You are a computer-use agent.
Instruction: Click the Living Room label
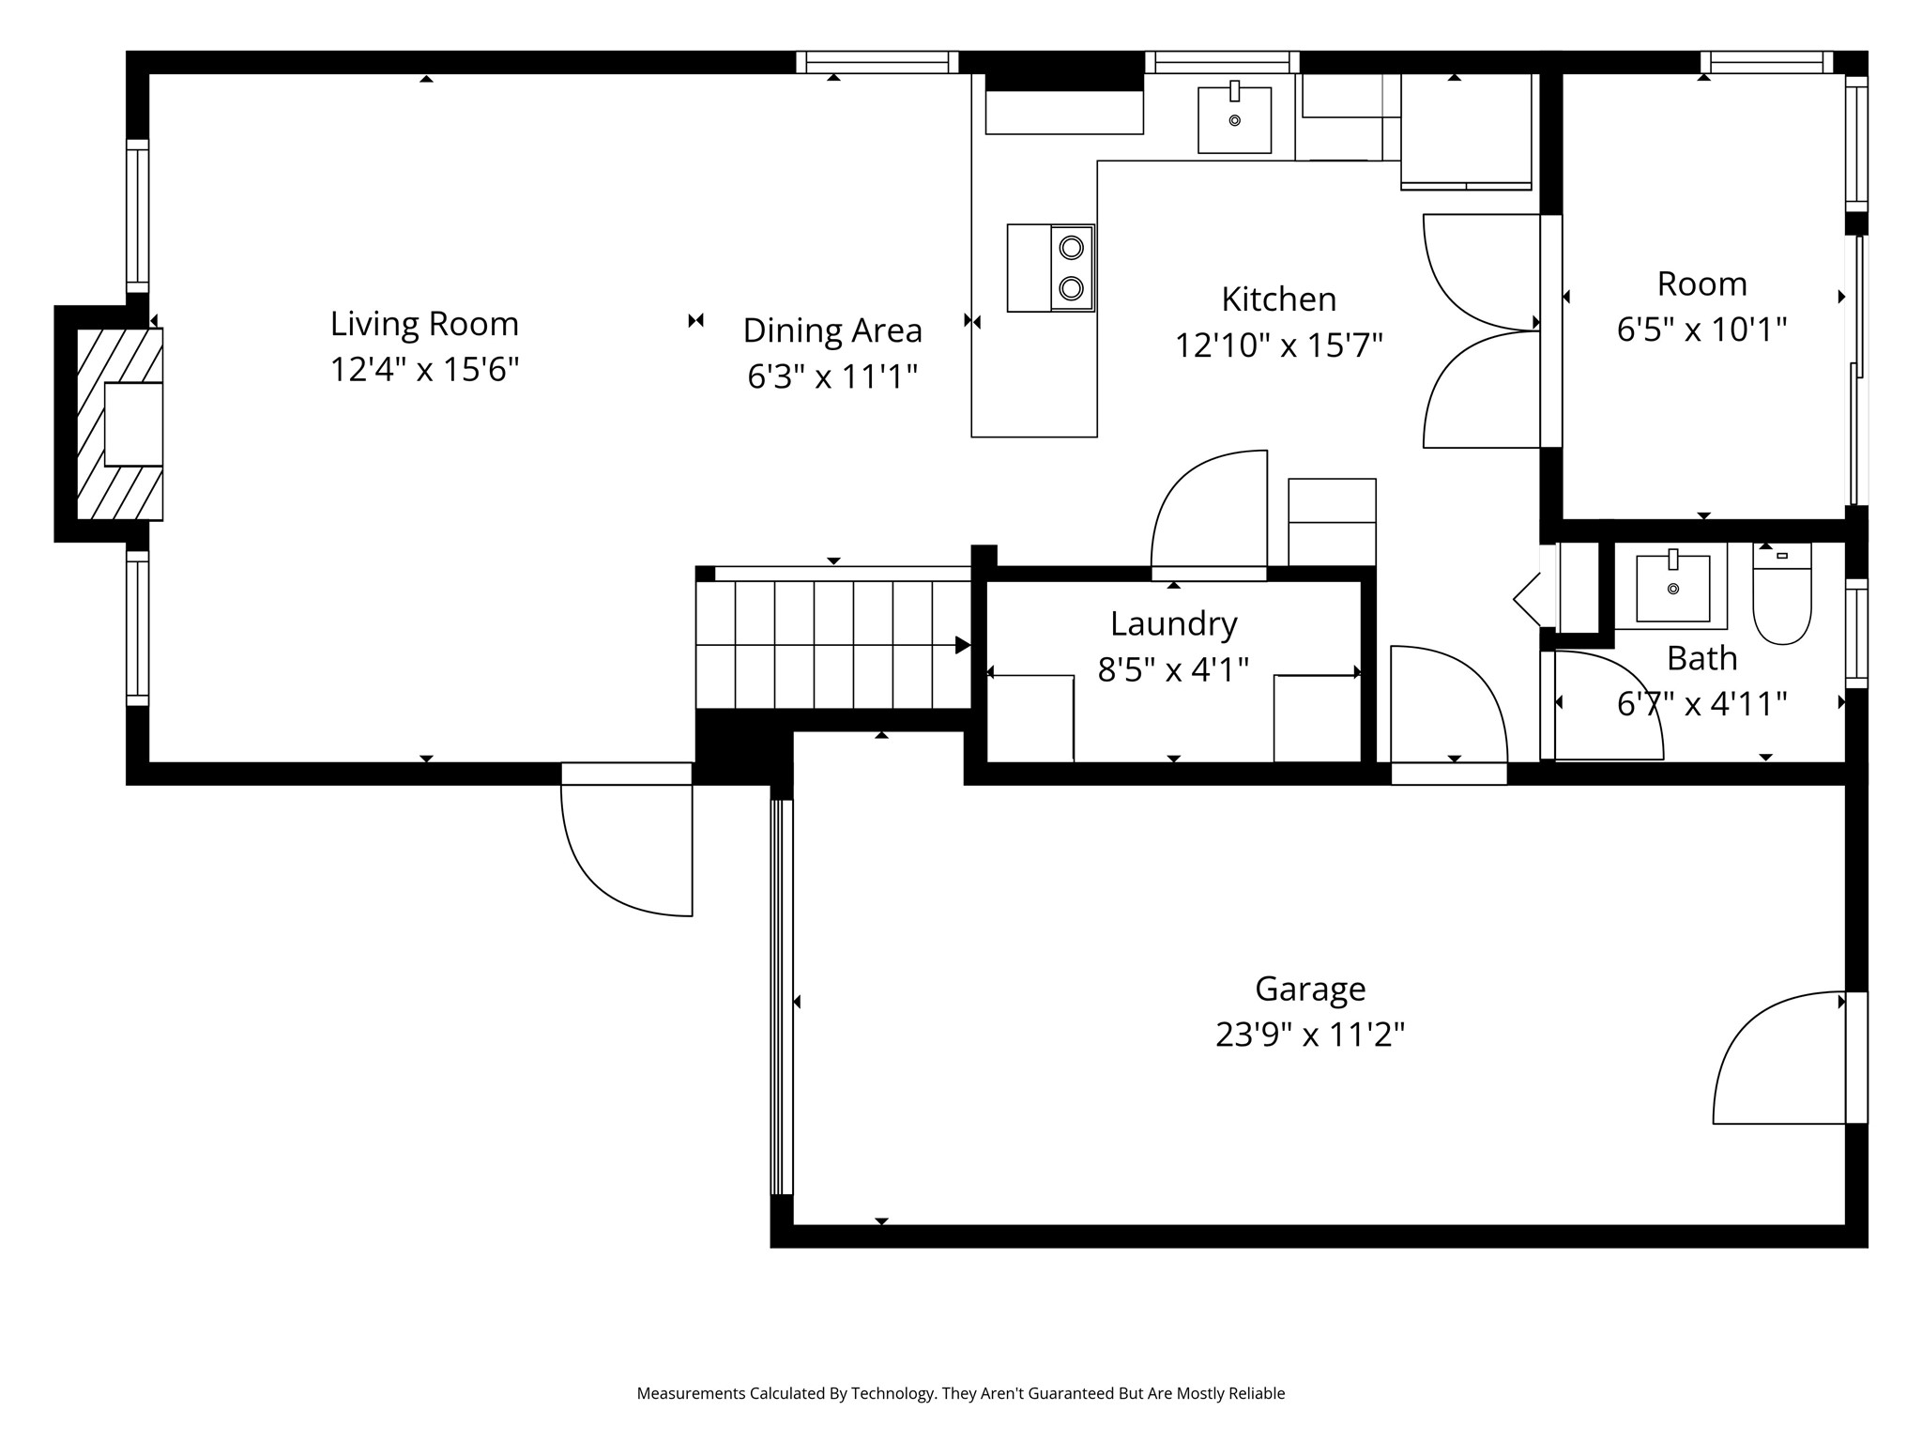click(424, 324)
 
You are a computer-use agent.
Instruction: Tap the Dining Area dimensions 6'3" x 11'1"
click(831, 376)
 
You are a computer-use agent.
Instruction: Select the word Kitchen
click(1278, 299)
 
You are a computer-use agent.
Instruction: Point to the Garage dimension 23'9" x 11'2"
click(1309, 1035)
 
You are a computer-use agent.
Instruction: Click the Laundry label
click(1173, 623)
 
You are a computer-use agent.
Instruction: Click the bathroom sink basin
click(1672, 589)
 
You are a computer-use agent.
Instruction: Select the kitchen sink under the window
click(1234, 120)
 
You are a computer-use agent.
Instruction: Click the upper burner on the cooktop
click(1071, 248)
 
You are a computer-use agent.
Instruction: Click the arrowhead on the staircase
click(962, 645)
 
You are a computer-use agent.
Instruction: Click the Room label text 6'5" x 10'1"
click(1701, 330)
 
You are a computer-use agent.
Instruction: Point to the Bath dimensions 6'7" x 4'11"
click(1701, 703)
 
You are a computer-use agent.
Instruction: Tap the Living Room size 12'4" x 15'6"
click(424, 370)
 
